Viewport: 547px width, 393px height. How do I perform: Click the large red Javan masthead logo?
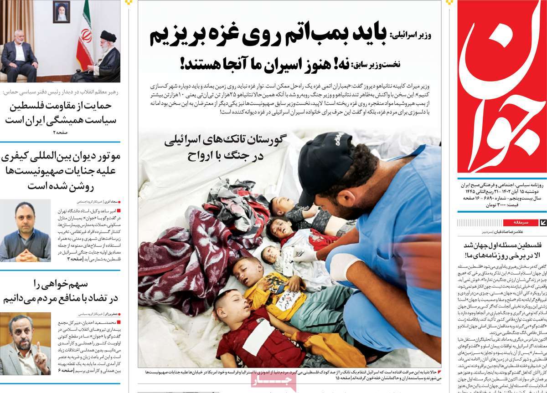[501, 87]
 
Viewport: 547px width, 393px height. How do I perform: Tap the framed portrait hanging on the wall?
[61, 11]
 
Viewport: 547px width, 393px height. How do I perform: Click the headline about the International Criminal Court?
[60, 171]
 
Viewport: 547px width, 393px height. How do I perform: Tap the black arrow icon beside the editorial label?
[542, 223]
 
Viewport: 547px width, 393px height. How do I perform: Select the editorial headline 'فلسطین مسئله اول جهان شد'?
[501, 250]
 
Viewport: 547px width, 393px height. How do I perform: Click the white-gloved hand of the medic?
[344, 266]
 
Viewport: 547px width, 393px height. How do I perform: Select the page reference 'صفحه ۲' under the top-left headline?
[60, 133]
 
